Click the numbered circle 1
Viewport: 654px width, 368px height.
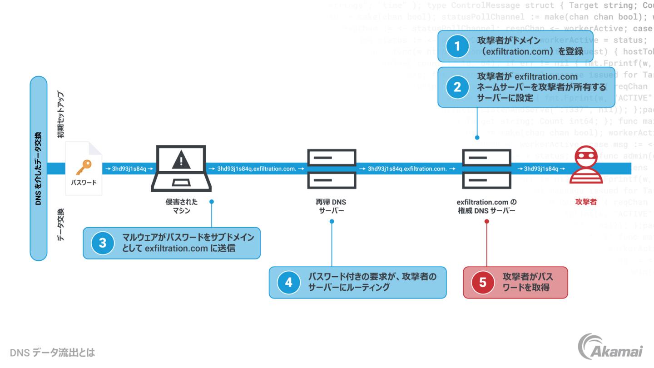[x=457, y=46]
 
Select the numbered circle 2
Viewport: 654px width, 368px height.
[x=457, y=87]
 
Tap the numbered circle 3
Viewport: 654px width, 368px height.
[x=103, y=243]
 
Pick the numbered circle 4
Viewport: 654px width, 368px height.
[x=289, y=282]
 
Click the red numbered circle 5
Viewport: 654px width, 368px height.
[x=483, y=282]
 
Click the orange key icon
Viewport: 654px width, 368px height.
[x=84, y=167]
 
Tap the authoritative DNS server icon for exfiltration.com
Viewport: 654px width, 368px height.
[x=486, y=169]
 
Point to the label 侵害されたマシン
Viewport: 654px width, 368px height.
[x=181, y=206]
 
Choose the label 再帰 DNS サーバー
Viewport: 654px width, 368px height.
[x=331, y=206]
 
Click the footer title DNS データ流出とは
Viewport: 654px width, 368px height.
[x=52, y=352]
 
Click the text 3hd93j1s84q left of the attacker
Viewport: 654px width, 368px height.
[x=541, y=169]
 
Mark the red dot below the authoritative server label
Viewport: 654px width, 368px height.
[x=486, y=222]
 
